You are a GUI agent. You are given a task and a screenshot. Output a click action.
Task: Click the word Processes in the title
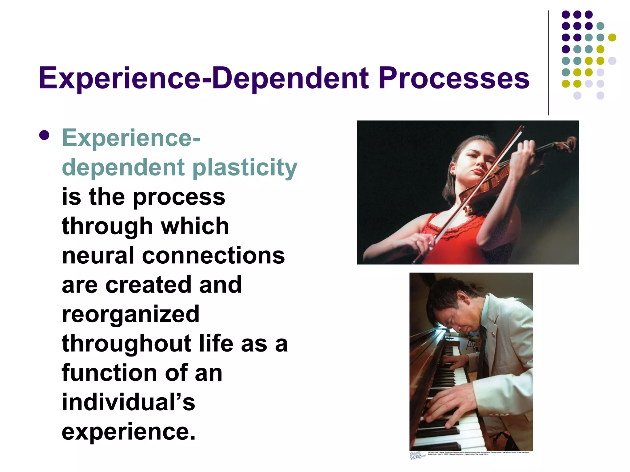pyautogui.click(x=454, y=78)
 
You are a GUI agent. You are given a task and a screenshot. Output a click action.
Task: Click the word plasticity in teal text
pyautogui.click(x=245, y=168)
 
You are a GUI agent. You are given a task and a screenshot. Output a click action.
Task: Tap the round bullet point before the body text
pyautogui.click(x=45, y=136)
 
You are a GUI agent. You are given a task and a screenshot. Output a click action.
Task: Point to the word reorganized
pyautogui.click(x=131, y=314)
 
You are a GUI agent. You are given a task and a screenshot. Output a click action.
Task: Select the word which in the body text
pyautogui.click(x=195, y=226)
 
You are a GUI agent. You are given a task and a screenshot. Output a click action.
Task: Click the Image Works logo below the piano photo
pyautogui.click(x=418, y=455)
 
